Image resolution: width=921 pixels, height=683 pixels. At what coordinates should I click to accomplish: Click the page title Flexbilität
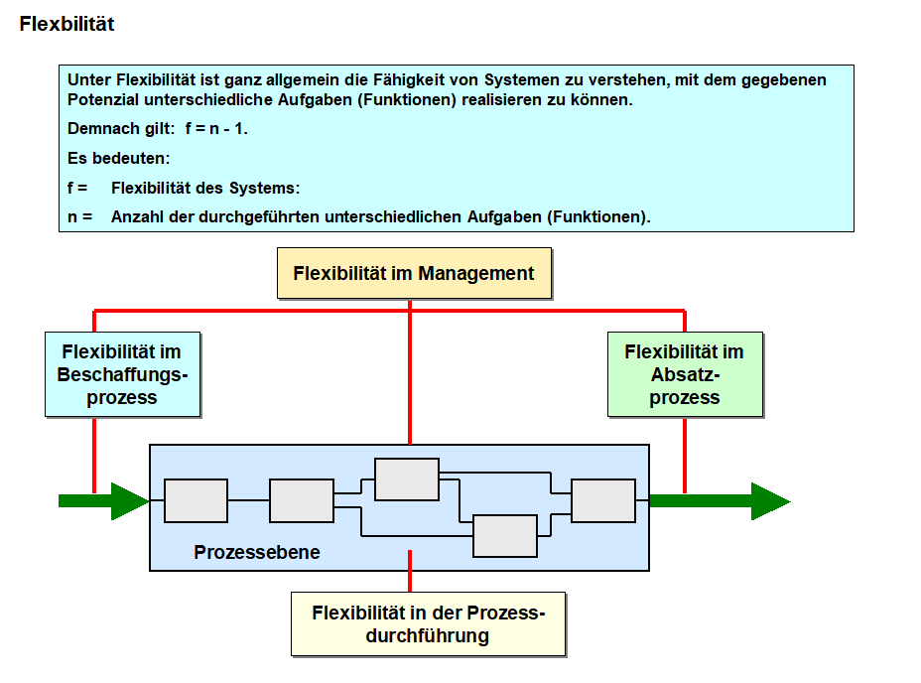click(x=66, y=24)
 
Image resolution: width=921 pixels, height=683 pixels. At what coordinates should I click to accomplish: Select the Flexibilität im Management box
click(x=414, y=273)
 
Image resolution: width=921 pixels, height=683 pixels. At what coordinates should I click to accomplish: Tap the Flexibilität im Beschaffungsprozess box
click(x=122, y=374)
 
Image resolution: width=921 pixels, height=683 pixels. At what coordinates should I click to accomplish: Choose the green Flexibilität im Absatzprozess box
click(x=685, y=374)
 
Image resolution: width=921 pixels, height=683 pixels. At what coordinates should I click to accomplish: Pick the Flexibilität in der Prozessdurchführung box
click(x=428, y=623)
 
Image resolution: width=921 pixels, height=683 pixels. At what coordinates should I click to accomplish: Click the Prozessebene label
click(x=257, y=552)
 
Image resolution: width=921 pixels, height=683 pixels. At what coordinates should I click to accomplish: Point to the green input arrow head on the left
click(x=130, y=500)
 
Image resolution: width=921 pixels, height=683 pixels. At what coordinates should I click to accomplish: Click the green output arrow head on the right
click(x=770, y=500)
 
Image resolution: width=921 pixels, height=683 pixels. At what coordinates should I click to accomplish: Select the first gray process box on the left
click(x=196, y=500)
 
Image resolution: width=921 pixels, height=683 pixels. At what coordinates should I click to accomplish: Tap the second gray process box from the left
click(x=302, y=500)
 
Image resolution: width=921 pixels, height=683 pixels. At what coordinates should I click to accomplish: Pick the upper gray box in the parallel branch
click(x=406, y=479)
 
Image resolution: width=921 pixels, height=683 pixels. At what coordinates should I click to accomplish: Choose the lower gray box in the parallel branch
click(x=504, y=536)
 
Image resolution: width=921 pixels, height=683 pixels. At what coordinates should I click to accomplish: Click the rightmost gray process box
click(x=602, y=500)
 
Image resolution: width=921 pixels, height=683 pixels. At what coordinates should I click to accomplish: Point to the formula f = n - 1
click(x=216, y=129)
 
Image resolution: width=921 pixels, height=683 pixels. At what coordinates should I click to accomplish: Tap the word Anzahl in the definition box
click(x=138, y=216)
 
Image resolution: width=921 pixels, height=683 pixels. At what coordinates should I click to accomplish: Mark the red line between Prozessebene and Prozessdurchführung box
click(x=410, y=581)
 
